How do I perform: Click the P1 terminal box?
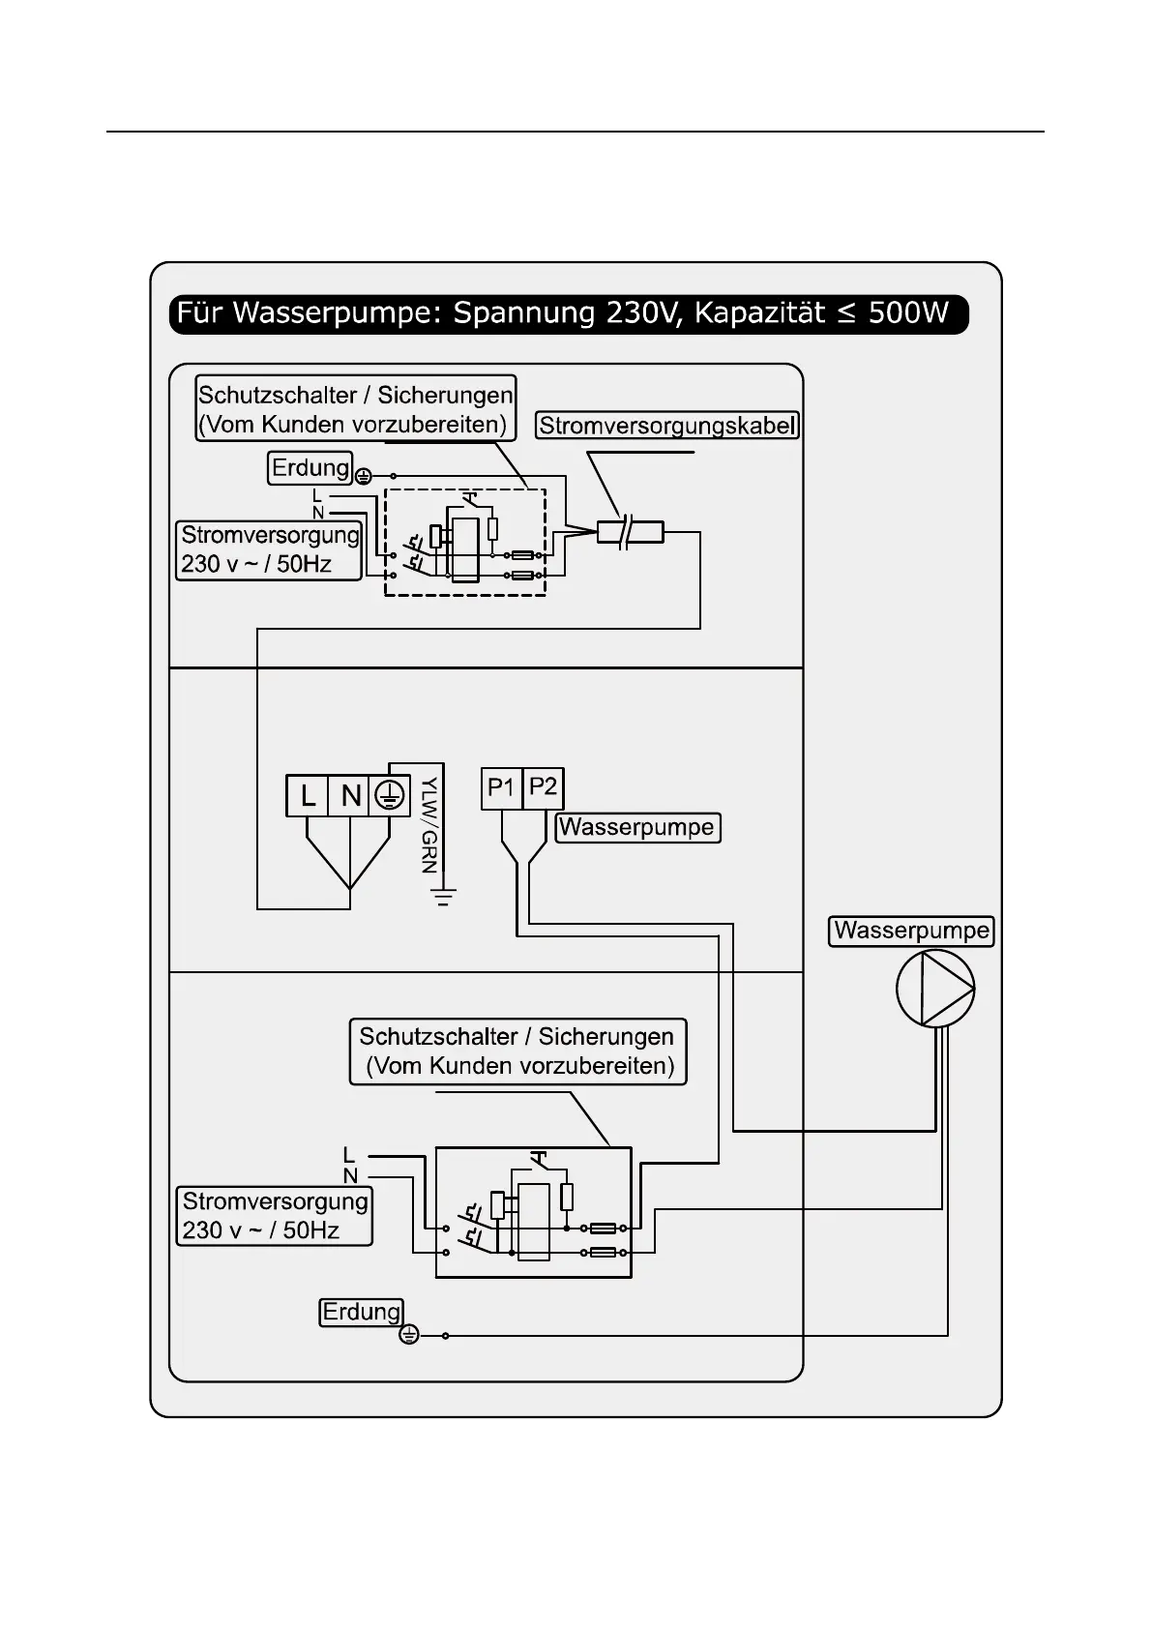coord(501,788)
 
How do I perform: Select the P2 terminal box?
coord(543,788)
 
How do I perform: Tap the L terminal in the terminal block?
coord(308,796)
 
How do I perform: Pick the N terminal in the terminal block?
coord(349,796)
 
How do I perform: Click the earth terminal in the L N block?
coord(389,796)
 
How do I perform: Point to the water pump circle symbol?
coord(934,988)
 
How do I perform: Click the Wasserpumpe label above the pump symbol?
coord(911,931)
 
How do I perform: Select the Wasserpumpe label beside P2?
coord(637,827)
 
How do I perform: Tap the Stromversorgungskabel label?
coord(667,425)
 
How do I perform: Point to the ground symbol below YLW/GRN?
coord(443,897)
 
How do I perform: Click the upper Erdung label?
coord(310,468)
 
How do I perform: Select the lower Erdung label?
coord(361,1312)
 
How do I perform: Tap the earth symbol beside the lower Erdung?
coord(409,1336)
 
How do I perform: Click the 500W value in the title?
coord(908,314)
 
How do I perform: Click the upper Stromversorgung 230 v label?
coord(269,549)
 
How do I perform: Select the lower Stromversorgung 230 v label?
coord(275,1216)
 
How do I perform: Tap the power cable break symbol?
coord(629,532)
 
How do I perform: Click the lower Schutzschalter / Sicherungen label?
coord(517,1051)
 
